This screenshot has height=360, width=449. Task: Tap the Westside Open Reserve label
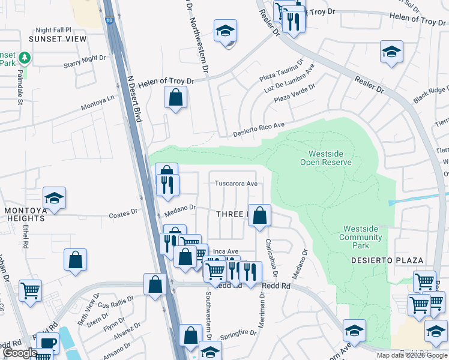click(x=326, y=158)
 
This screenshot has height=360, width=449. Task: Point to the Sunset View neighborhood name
click(x=58, y=39)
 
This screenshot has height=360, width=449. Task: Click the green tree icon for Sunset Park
click(x=25, y=58)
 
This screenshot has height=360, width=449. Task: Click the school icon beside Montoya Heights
click(x=54, y=198)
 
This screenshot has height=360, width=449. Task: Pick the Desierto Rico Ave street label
click(x=258, y=130)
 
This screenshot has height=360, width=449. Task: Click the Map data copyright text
click(x=412, y=355)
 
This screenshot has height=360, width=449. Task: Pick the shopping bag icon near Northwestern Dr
click(x=175, y=98)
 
